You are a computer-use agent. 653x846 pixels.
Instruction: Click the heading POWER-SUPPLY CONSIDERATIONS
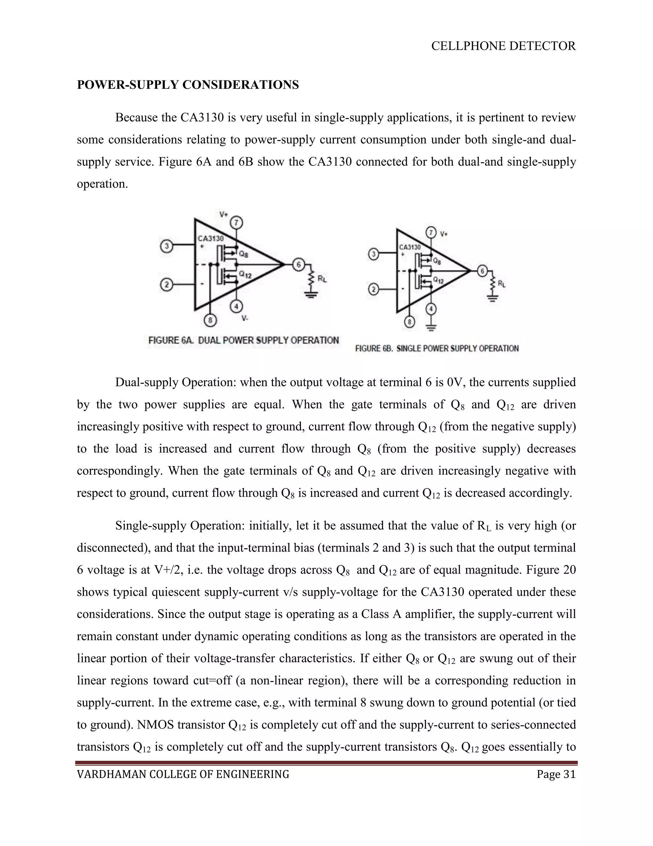tap(187, 85)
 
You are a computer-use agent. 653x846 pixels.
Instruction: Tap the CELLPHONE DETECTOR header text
tap(503, 46)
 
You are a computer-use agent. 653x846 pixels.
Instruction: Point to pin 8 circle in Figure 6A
tap(210, 320)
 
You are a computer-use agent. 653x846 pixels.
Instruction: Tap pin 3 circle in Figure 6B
tap(373, 254)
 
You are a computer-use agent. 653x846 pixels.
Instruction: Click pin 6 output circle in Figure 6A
tap(298, 265)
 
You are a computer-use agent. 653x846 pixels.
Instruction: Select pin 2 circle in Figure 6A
tap(166, 285)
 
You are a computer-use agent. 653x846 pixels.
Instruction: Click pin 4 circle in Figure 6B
tap(431, 309)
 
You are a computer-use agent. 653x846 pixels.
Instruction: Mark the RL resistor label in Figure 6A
tap(322, 278)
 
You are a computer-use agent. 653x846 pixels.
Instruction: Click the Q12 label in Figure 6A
tap(245, 275)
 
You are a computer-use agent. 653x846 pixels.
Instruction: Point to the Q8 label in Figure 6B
tap(437, 261)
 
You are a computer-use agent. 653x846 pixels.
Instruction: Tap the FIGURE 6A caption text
tap(244, 341)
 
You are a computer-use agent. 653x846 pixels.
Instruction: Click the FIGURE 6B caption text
tap(437, 349)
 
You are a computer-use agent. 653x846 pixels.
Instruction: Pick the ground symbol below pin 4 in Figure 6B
tap(431, 328)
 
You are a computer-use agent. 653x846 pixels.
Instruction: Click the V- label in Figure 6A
tap(245, 318)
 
